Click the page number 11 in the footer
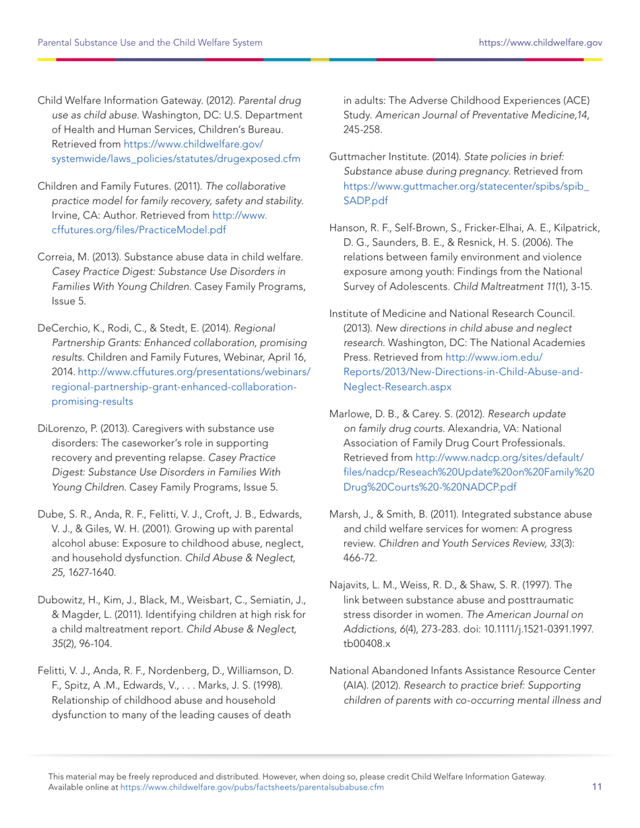(597, 786)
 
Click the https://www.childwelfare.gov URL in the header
(540, 43)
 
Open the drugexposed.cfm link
(175, 159)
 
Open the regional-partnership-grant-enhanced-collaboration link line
(173, 387)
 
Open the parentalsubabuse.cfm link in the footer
(252, 786)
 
